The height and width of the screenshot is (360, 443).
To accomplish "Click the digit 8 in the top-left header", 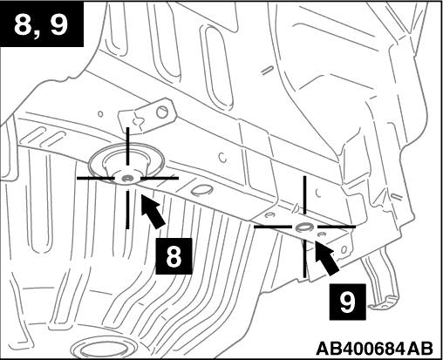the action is click(24, 24).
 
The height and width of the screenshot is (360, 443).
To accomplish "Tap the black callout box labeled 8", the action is click(174, 256).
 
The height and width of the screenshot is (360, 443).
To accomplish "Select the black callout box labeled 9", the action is click(347, 302).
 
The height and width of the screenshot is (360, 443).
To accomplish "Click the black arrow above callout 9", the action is click(326, 256).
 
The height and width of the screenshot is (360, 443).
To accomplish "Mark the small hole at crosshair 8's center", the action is click(127, 178).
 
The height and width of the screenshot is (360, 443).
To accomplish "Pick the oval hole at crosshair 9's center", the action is click(304, 227).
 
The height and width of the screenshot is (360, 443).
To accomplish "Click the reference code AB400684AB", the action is click(374, 348).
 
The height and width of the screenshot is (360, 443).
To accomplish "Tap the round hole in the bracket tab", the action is click(162, 112).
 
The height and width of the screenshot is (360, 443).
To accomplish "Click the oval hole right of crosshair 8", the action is click(201, 190).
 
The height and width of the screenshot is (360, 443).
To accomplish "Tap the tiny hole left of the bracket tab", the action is click(100, 113).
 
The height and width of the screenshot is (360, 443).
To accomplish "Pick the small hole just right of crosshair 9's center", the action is click(321, 234).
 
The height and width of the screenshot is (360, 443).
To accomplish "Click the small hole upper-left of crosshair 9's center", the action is click(270, 215).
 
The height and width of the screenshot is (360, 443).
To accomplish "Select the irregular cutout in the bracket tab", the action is click(137, 122).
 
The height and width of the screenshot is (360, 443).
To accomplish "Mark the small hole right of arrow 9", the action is click(344, 249).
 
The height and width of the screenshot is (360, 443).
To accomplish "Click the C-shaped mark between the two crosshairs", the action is click(222, 157).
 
